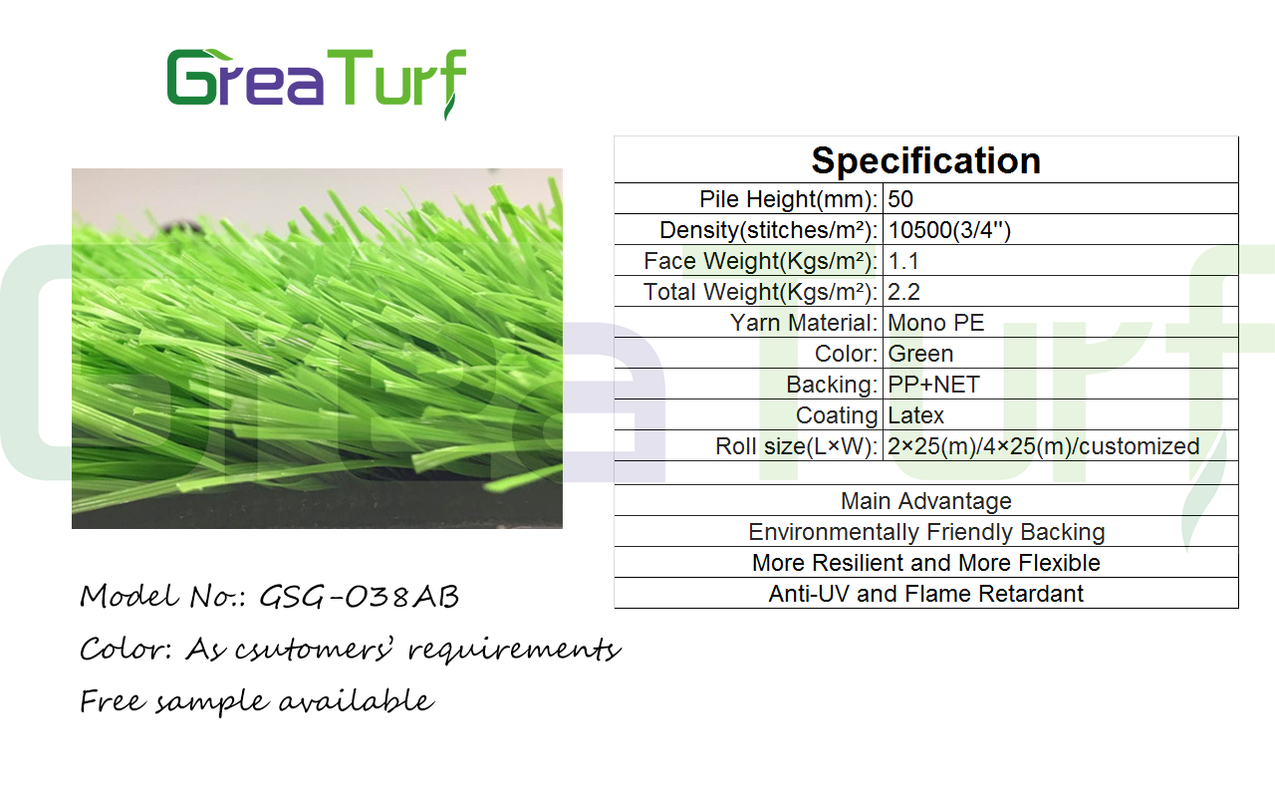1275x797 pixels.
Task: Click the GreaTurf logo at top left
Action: [317, 83]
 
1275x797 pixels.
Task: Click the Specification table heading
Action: [926, 160]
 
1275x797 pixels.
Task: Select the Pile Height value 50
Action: [900, 199]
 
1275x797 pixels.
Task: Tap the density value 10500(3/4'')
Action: [949, 230]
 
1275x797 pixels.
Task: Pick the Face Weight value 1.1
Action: [903, 261]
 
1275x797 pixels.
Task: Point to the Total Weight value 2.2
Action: [903, 292]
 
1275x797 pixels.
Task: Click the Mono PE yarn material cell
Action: [935, 323]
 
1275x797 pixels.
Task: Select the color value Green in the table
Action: [920, 354]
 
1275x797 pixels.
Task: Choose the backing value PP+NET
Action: [933, 385]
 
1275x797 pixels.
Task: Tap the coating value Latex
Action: [915, 415]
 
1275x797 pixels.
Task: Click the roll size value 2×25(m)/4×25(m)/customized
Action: [1043, 446]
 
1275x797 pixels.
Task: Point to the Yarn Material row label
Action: [804, 323]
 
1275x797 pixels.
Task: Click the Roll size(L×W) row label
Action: [796, 446]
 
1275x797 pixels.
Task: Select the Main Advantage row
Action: [926, 501]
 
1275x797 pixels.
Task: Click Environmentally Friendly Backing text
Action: [926, 532]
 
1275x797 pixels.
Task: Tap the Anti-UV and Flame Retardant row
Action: [926, 594]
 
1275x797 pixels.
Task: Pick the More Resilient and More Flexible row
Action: [926, 563]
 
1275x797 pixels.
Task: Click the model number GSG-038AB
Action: [360, 597]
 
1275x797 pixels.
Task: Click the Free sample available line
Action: [257, 700]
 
